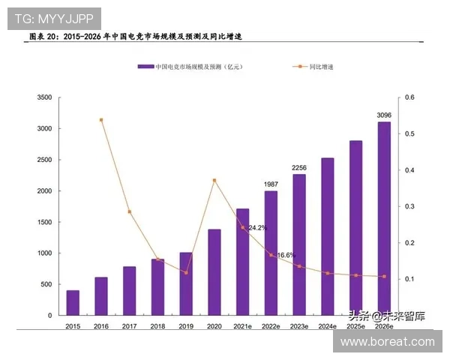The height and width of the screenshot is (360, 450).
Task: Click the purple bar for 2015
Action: click(x=73, y=301)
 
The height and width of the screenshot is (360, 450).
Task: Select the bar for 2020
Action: click(x=214, y=271)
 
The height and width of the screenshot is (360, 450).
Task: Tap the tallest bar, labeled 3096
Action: click(x=383, y=217)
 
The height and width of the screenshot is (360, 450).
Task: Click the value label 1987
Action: click(x=271, y=184)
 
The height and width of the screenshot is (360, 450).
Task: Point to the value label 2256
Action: click(x=299, y=167)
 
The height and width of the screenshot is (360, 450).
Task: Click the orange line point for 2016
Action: click(x=101, y=119)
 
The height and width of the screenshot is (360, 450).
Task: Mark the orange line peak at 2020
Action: click(x=214, y=180)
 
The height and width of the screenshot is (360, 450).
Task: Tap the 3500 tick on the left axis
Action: click(x=43, y=97)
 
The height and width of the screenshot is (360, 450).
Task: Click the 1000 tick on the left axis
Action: click(x=43, y=253)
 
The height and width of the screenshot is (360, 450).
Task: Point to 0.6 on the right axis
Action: click(x=409, y=97)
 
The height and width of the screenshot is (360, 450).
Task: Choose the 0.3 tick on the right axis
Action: click(x=409, y=206)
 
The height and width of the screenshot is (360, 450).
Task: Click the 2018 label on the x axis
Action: click(x=157, y=326)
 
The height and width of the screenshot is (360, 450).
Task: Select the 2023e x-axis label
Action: click(x=299, y=326)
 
